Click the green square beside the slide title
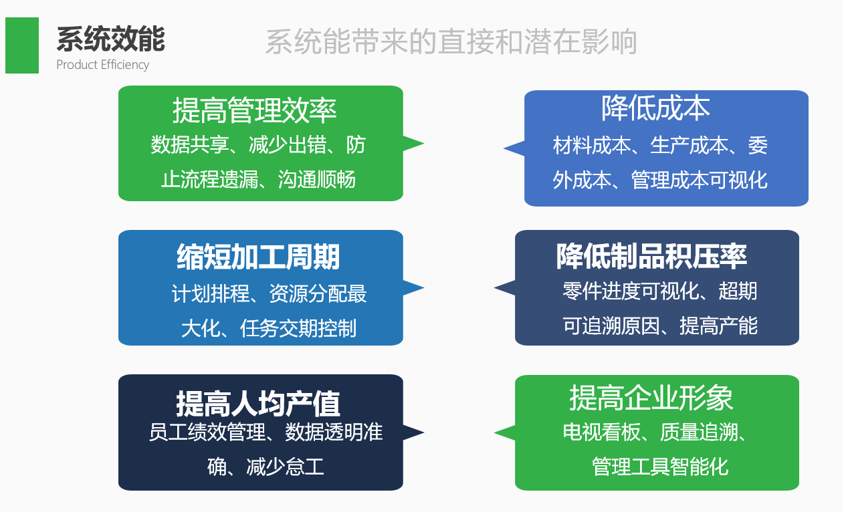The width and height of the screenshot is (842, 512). coord(22,45)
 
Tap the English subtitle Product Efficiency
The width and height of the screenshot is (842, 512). coord(102,65)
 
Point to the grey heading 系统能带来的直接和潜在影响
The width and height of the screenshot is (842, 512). coord(451,42)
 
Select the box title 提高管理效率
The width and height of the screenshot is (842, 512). coord(254,110)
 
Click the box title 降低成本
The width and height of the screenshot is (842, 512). coord(655,108)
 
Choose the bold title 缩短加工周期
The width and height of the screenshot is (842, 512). coord(258,257)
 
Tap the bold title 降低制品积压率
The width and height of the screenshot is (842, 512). coord(651,256)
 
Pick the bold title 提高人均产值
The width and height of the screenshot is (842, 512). coord(258,403)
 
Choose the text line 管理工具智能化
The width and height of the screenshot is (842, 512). coord(659,466)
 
